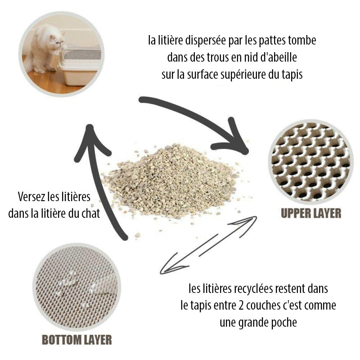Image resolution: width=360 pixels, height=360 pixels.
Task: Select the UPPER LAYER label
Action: pyautogui.click(x=311, y=213)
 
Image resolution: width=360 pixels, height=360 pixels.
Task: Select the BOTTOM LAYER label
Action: pyautogui.click(x=76, y=339)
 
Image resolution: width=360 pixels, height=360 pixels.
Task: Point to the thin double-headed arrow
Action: pyautogui.click(x=208, y=245)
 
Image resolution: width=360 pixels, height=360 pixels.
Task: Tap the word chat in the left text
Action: pyautogui.click(x=90, y=213)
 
